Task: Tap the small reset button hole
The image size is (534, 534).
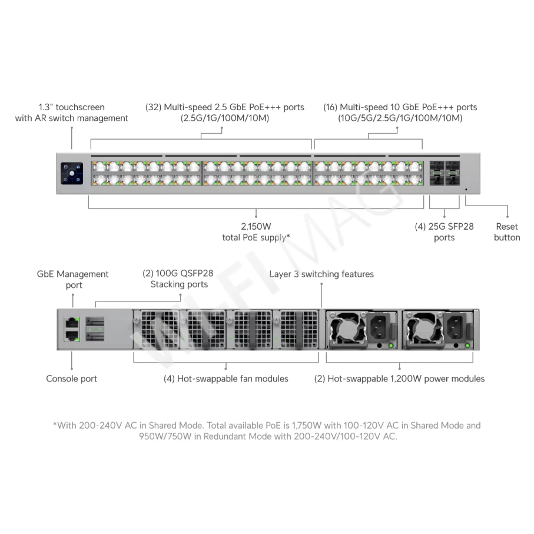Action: coord(466,190)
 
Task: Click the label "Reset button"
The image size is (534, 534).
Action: coord(506,232)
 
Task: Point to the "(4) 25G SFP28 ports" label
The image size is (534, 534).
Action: coord(444,232)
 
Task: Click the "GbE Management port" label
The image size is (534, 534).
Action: coord(73,280)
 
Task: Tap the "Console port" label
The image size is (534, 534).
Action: coord(72,379)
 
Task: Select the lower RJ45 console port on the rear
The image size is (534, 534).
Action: coord(72,336)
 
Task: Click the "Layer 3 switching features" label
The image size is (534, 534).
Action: coord(321,274)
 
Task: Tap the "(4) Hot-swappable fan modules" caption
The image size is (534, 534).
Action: coord(226,379)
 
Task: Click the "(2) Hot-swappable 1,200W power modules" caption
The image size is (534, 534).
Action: coord(399,379)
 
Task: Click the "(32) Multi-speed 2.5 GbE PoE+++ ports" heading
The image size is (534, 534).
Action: coord(225,107)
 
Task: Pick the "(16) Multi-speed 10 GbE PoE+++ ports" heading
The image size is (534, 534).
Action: coord(400,107)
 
